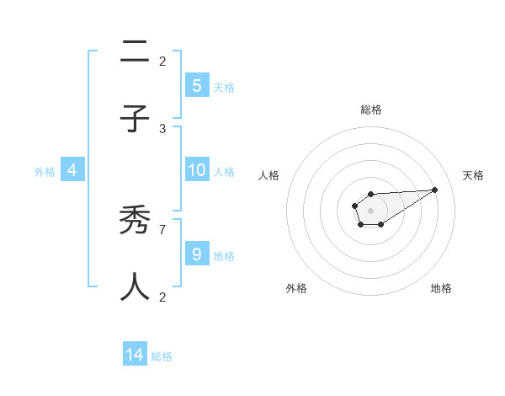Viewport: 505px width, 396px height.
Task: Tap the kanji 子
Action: [135, 120]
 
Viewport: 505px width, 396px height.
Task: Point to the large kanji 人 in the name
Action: [135, 287]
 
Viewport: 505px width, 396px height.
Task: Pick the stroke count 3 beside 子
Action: [162, 128]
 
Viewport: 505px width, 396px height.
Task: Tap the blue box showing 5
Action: [197, 85]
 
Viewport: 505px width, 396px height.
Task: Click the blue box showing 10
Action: [197, 170]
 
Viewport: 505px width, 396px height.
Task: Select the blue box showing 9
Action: [197, 254]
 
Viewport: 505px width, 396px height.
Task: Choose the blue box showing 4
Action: [72, 170]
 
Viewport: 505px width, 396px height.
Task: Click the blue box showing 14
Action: [135, 355]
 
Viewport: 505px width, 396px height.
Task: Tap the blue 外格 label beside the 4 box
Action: [45, 172]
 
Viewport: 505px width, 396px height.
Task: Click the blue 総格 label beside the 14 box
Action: [162, 356]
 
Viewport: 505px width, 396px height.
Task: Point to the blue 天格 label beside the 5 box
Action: [224, 87]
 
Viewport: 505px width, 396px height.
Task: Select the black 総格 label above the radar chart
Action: [371, 110]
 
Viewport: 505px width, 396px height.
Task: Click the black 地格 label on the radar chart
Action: [441, 288]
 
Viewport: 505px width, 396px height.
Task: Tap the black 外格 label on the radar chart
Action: [296, 288]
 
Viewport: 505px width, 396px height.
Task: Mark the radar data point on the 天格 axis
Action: [435, 190]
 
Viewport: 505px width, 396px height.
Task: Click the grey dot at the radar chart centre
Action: [370, 210]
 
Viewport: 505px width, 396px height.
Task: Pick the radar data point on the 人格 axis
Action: [354, 205]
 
